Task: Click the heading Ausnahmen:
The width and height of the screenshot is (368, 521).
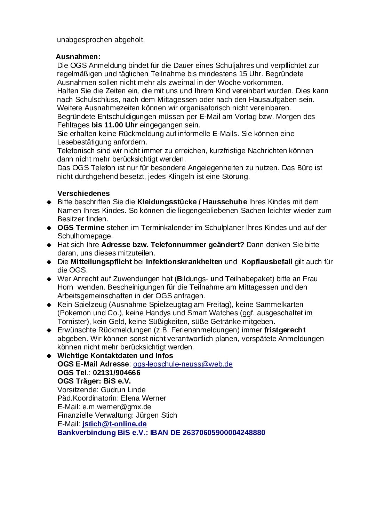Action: [78, 57]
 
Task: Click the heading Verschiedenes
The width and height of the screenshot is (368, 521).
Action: [83, 194]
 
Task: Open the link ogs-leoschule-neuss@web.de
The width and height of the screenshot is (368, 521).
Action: [183, 364]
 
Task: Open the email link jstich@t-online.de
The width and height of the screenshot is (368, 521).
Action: [114, 424]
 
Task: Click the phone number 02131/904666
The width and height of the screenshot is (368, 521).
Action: [117, 373]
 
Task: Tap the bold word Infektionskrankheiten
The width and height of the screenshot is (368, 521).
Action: [184, 262]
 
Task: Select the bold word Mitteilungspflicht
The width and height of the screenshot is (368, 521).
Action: [101, 262]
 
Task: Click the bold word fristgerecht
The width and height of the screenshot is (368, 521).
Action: [285, 330]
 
